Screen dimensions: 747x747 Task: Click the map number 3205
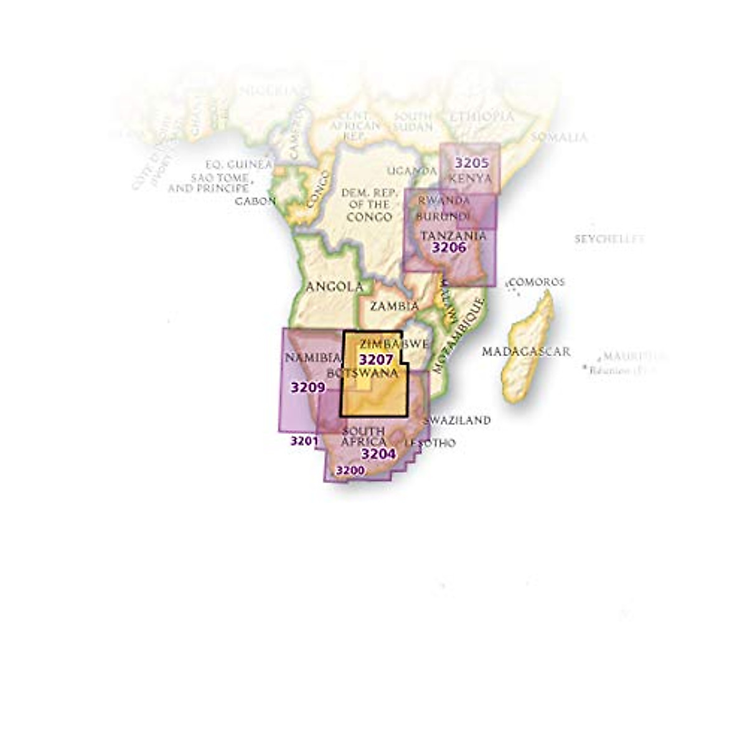pos(472,163)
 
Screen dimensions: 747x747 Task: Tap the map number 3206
pos(449,247)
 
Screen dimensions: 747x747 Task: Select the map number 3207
pos(376,359)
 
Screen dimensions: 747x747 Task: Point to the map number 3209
pos(308,387)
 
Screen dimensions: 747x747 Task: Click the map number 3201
pos(304,441)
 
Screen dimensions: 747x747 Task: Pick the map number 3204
pos(378,454)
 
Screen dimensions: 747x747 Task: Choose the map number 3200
pos(350,470)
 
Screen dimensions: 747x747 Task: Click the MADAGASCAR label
pos(526,352)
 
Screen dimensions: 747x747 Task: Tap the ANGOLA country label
pos(335,287)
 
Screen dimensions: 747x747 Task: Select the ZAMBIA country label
pos(394,306)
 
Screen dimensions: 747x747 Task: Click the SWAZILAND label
pos(456,420)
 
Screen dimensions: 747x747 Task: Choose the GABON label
pos(255,201)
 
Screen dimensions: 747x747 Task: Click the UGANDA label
pos(412,171)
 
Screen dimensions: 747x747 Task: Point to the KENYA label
pos(471,178)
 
